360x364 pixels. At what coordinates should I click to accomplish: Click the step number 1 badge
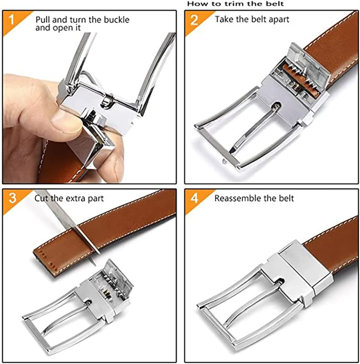pyautogui.click(x=12, y=20)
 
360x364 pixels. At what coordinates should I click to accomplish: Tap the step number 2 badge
pyautogui.click(x=194, y=20)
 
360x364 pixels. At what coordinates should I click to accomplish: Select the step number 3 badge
pyautogui.click(x=12, y=198)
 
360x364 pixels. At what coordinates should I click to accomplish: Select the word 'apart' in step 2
pyautogui.click(x=279, y=20)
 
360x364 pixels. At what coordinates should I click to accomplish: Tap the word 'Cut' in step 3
pyautogui.click(x=40, y=198)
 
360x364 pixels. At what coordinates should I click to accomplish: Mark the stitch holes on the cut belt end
pyautogui.click(x=46, y=255)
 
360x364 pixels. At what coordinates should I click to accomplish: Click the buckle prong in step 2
pyautogui.click(x=255, y=127)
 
